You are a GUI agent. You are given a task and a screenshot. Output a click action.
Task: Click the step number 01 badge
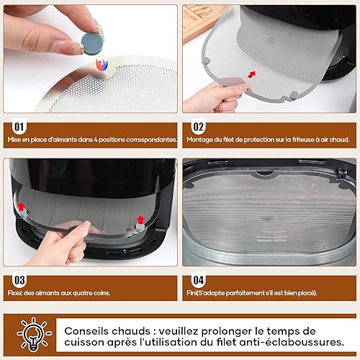pyautogui.click(x=19, y=127)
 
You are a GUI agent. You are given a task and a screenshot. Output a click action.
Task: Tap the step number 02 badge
pyautogui.click(x=198, y=127)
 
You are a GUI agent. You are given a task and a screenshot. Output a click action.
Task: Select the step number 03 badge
pyautogui.click(x=19, y=280)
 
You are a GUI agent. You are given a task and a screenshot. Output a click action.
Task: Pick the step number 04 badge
pyautogui.click(x=198, y=280)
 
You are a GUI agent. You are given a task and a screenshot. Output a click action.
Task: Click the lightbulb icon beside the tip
pyautogui.click(x=34, y=335)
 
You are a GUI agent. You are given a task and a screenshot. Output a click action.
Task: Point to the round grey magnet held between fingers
pyautogui.click(x=91, y=43)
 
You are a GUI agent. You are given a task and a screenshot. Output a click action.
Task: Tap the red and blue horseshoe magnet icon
pyautogui.click(x=102, y=64)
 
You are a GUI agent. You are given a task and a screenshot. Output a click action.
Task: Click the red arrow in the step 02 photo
pyautogui.click(x=251, y=75)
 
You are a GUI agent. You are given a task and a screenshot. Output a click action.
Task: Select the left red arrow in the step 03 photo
pyautogui.click(x=22, y=206)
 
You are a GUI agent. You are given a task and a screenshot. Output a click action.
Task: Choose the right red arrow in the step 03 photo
pyautogui.click(x=140, y=220)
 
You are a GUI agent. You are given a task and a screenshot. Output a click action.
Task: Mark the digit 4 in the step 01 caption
pyautogui.click(x=96, y=140)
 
